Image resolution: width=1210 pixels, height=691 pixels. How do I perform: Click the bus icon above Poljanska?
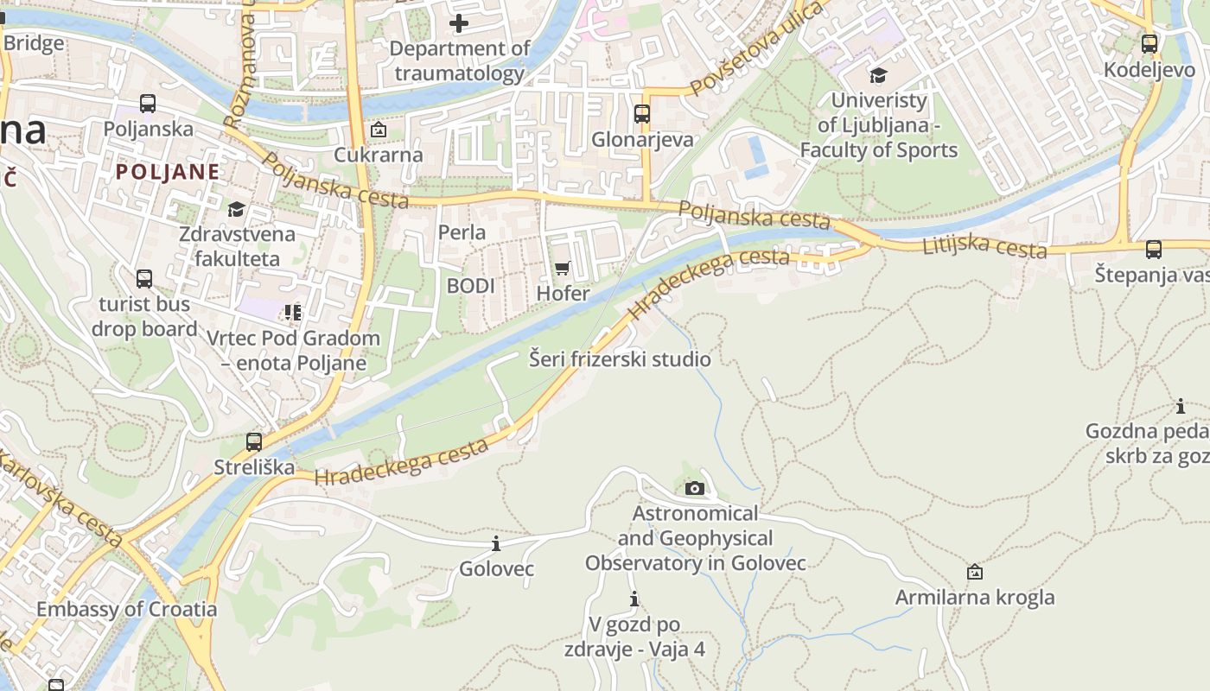148,104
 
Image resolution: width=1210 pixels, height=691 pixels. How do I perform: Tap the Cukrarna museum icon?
378,130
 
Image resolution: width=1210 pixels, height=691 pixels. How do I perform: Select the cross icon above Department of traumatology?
459,23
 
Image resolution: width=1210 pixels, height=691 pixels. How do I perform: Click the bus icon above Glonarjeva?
641,114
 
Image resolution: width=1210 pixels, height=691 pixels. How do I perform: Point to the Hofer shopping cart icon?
563,269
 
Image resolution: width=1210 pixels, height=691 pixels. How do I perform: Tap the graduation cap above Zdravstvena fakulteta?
236,209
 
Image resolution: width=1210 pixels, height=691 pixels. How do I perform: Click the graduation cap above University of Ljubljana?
878,75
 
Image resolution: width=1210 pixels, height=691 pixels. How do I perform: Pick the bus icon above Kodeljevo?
1149,44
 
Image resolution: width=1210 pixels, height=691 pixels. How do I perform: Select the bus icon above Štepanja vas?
1153,250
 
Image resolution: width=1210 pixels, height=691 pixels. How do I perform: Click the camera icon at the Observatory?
694,489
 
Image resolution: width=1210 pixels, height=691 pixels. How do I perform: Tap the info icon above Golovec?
496,543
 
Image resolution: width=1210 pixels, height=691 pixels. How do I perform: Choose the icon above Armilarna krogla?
975,572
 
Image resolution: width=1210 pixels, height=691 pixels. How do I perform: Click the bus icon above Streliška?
253,442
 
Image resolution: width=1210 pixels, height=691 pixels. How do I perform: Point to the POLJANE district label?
168,171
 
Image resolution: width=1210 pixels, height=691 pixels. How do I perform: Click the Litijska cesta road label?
984,247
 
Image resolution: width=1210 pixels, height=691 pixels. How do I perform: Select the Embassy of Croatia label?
126,609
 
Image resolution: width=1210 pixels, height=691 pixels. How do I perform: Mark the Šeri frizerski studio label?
620,359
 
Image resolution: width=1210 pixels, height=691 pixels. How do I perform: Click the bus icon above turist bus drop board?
144,279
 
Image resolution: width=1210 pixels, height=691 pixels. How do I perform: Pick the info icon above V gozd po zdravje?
634,599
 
